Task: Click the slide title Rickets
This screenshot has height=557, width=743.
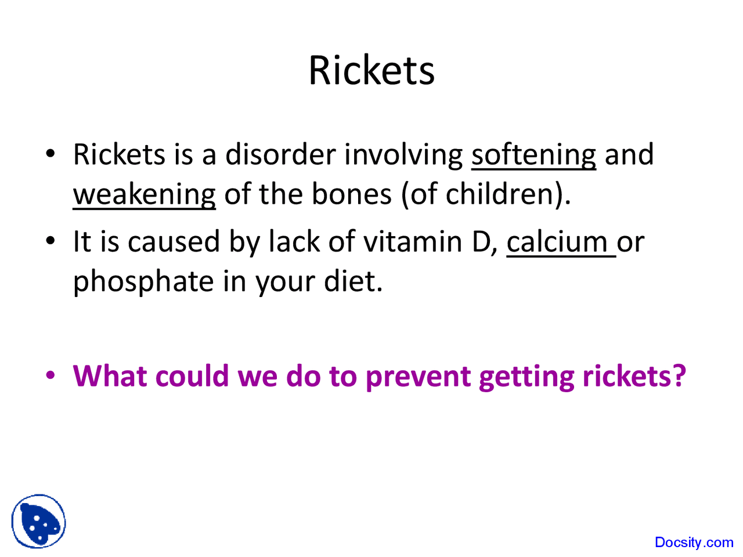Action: [371, 71]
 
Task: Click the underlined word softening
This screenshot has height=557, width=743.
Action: [533, 155]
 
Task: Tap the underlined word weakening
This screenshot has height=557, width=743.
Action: [144, 194]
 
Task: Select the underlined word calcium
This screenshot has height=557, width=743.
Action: [557, 242]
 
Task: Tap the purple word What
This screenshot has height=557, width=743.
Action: [110, 376]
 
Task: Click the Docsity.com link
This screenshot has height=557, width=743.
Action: [694, 542]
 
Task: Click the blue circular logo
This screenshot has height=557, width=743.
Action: [38, 522]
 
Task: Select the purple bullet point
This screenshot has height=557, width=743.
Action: [51, 375]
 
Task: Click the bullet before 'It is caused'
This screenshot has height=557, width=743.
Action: [51, 241]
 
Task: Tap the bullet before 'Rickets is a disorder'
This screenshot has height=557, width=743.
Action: [51, 154]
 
